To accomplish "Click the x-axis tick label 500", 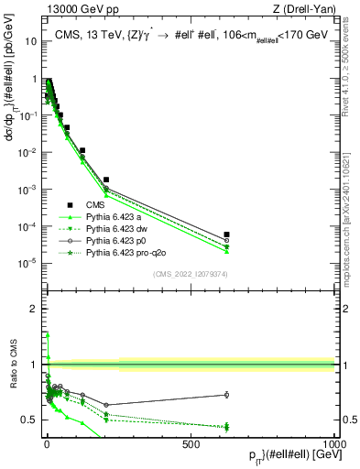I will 191,443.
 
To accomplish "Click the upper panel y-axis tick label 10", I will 30,42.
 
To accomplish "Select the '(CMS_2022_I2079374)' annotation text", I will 192,272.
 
